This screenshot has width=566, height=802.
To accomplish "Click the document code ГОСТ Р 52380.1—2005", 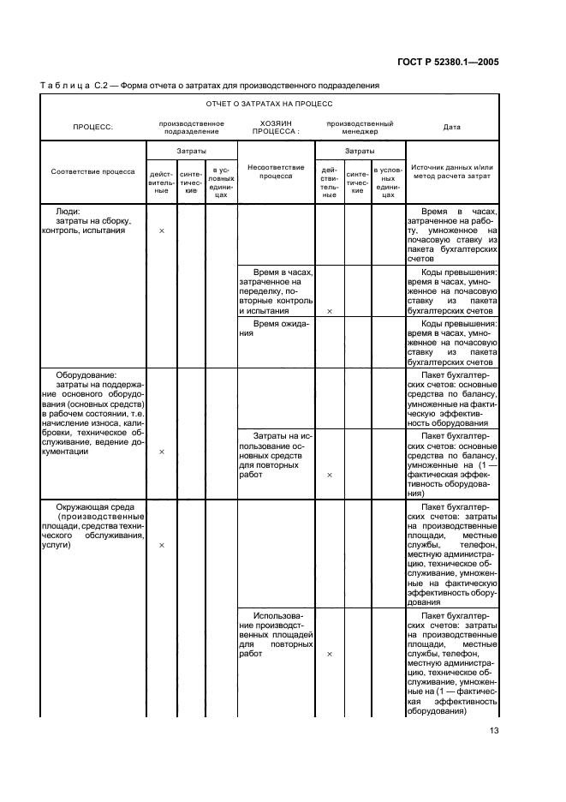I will pos(462,60).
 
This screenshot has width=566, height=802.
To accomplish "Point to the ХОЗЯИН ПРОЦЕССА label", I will pos(276,127).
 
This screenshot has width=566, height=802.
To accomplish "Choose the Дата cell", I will pos(451,127).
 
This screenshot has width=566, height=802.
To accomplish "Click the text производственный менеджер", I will pos(360,127).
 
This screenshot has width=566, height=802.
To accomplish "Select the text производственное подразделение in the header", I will pos(192,127).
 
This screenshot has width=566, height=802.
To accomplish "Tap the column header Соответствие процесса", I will pos(92,171).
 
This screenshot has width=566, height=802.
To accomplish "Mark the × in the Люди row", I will pos(162,231).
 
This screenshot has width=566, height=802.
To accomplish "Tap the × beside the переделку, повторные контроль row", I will pos(330,312).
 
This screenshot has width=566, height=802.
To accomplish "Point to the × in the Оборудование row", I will pos(162,452).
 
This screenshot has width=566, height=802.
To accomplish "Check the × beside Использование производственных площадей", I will pos(330,654).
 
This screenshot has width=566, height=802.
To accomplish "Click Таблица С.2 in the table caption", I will pos(75,85).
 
